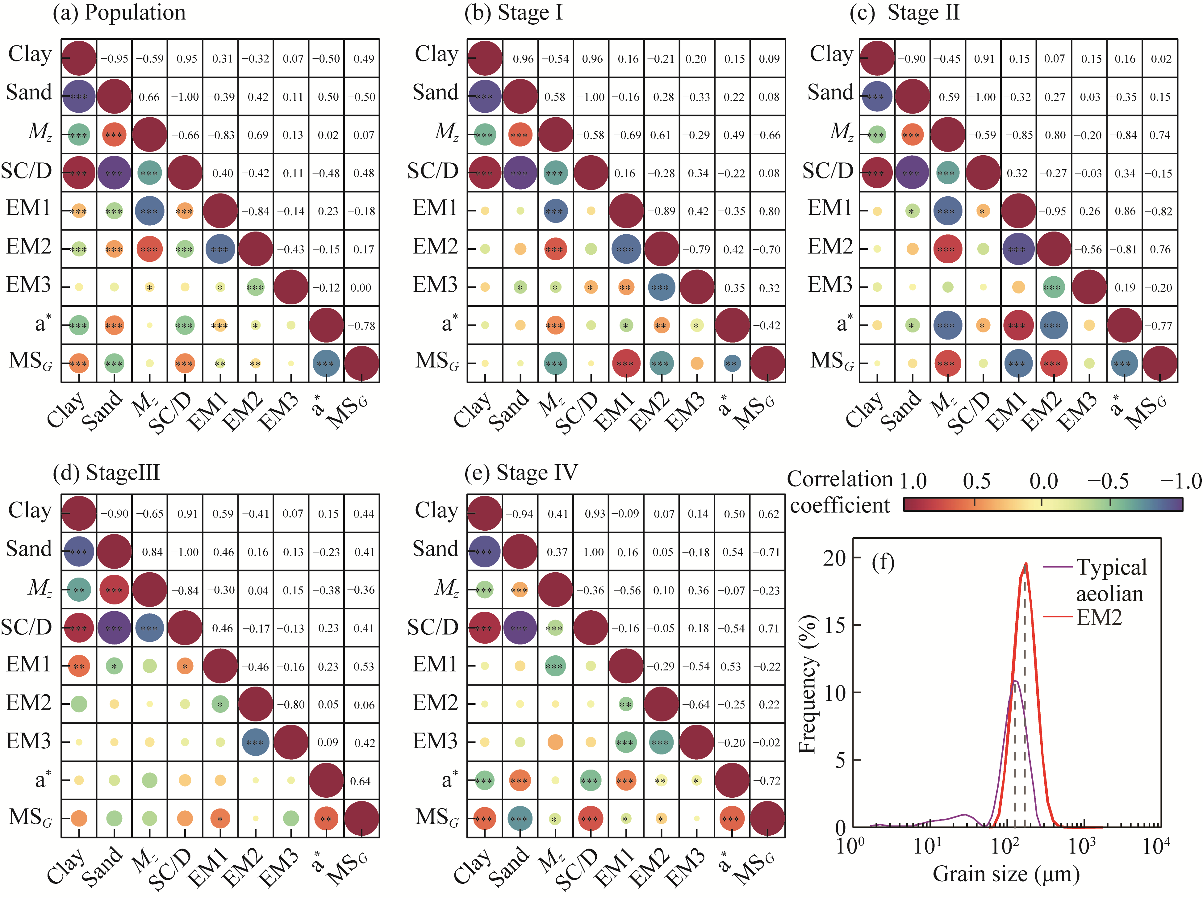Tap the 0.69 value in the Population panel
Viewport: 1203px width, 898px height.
pos(258,135)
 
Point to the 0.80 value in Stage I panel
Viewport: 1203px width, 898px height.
pos(769,211)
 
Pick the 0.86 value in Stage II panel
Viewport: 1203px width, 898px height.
pos(1125,211)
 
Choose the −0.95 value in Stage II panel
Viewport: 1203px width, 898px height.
pos(1055,211)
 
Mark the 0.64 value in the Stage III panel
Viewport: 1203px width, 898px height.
pos(361,781)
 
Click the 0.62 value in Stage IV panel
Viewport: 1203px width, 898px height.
pos(769,514)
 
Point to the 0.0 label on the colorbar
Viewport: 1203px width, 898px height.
pos(1043,481)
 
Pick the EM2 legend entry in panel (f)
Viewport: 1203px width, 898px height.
pos(1099,617)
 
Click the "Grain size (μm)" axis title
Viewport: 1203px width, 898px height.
pos(1006,875)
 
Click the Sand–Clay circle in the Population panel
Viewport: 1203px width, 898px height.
pos(79,97)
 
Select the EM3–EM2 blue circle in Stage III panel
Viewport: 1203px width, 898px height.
pos(255,742)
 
